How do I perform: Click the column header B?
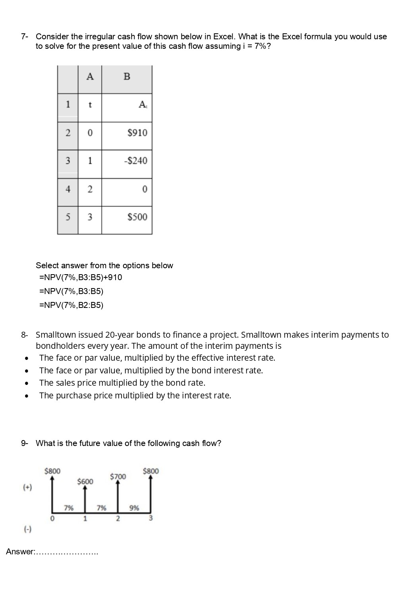pyautogui.click(x=127, y=77)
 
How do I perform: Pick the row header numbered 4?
pyautogui.click(x=68, y=189)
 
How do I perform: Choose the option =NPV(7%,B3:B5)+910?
pyautogui.click(x=81, y=277)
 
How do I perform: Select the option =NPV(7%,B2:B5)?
pyautogui.click(x=71, y=305)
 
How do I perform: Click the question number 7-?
pyautogui.click(x=25, y=37)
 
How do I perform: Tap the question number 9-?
pyautogui.click(x=25, y=443)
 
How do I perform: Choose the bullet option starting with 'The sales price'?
pyautogui.click(x=122, y=383)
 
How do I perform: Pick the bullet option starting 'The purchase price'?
pyautogui.click(x=135, y=396)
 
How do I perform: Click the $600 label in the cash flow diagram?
pyautogui.click(x=85, y=481)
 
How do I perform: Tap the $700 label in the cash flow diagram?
pyautogui.click(x=118, y=476)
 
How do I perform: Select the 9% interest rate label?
pyautogui.click(x=134, y=508)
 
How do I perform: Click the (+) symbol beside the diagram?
pyautogui.click(x=27, y=487)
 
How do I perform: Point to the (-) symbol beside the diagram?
pyautogui.click(x=27, y=529)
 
